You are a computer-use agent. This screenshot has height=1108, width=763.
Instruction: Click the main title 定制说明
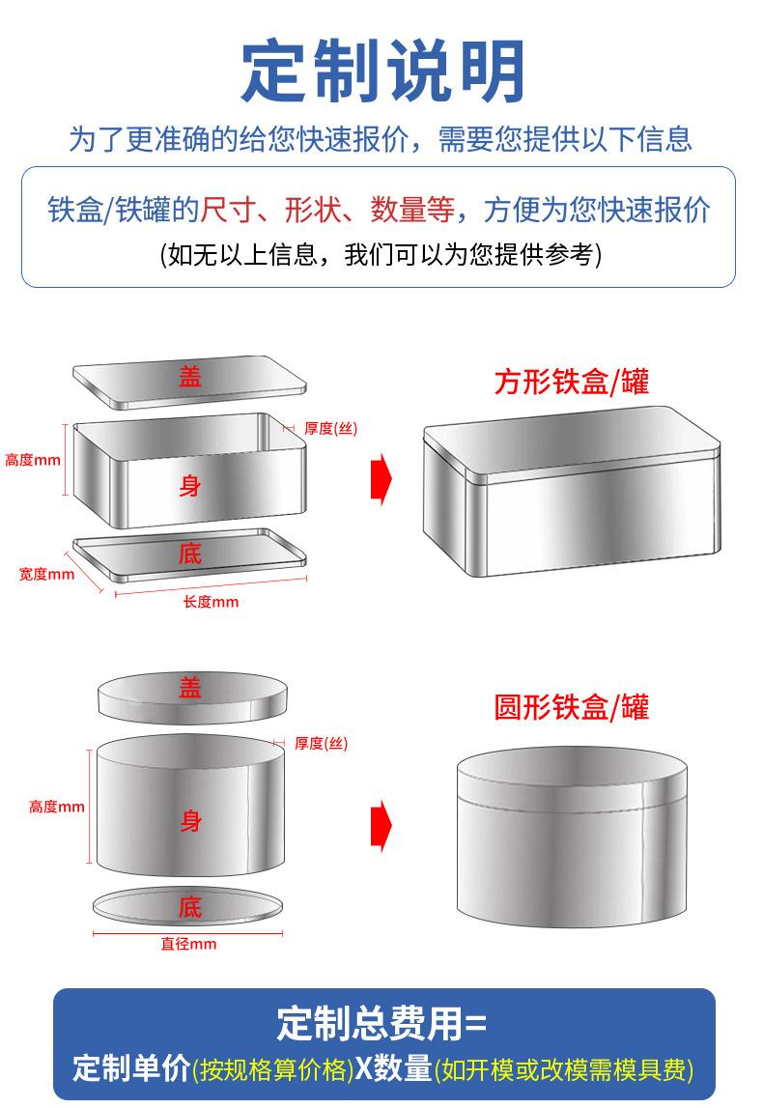click(x=382, y=71)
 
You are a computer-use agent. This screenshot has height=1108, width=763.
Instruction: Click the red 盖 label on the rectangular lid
click(x=190, y=377)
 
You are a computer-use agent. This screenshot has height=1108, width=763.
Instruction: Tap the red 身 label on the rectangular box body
click(x=190, y=485)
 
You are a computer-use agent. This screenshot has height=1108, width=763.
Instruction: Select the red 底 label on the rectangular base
click(x=190, y=554)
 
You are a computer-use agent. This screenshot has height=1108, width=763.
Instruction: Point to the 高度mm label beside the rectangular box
click(x=32, y=460)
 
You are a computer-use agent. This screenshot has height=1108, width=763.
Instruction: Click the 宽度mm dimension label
click(x=46, y=574)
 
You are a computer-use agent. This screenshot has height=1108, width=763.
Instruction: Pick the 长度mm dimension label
click(x=211, y=603)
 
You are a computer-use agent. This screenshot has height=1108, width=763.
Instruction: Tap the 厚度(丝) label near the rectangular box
click(x=330, y=429)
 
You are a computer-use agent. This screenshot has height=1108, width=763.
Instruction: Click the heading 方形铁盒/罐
click(x=571, y=383)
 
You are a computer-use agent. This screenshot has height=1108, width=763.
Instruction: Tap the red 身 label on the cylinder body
click(x=190, y=821)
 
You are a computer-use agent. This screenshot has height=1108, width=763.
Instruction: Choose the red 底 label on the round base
click(x=190, y=907)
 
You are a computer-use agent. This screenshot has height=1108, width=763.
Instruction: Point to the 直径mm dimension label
click(x=188, y=944)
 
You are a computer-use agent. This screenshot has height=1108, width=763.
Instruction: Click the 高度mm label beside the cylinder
click(x=57, y=807)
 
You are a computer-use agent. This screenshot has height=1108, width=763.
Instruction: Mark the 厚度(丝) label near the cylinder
click(x=321, y=743)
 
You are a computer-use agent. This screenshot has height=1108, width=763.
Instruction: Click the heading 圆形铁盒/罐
click(x=571, y=707)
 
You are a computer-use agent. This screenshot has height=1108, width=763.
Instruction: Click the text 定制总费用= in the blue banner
click(x=382, y=1022)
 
